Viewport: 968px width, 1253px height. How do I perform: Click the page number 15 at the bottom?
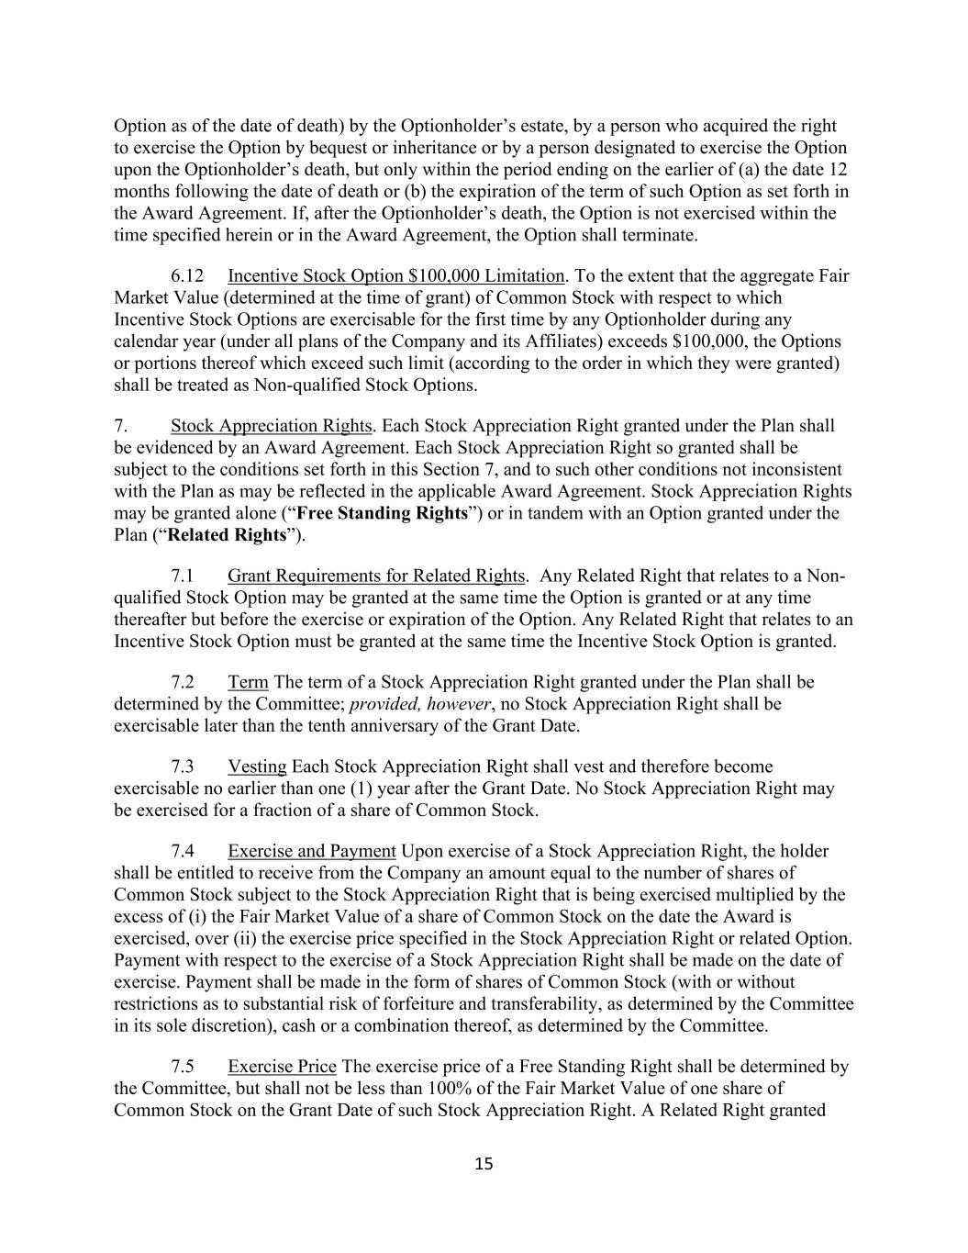[x=484, y=1164]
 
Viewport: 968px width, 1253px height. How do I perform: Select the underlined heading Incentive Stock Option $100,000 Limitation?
[x=395, y=275]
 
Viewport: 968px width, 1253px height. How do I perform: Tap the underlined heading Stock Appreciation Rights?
[x=271, y=426]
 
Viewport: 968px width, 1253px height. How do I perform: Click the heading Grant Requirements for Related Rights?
[x=376, y=576]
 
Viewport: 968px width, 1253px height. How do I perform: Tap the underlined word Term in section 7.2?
[x=248, y=682]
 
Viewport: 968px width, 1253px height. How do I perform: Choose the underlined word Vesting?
[x=257, y=766]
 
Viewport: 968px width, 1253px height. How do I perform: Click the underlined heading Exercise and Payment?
[x=312, y=851]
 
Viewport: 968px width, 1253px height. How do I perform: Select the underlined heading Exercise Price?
[x=282, y=1067]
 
